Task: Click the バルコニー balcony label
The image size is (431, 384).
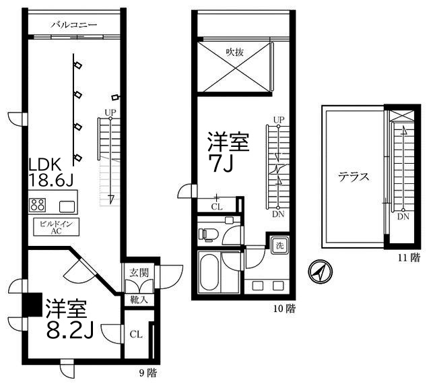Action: tap(73, 25)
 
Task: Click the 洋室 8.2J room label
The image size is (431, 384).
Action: tap(67, 320)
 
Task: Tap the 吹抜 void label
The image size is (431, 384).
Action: tap(235, 51)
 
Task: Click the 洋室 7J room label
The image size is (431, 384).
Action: tap(228, 152)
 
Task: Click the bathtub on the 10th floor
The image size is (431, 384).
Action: tap(211, 272)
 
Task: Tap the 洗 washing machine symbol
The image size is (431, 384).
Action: tap(279, 246)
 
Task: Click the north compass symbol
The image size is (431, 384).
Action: tap(319, 271)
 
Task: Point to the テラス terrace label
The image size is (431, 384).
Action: tap(354, 178)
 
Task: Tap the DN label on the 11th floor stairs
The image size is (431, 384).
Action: tap(402, 217)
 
